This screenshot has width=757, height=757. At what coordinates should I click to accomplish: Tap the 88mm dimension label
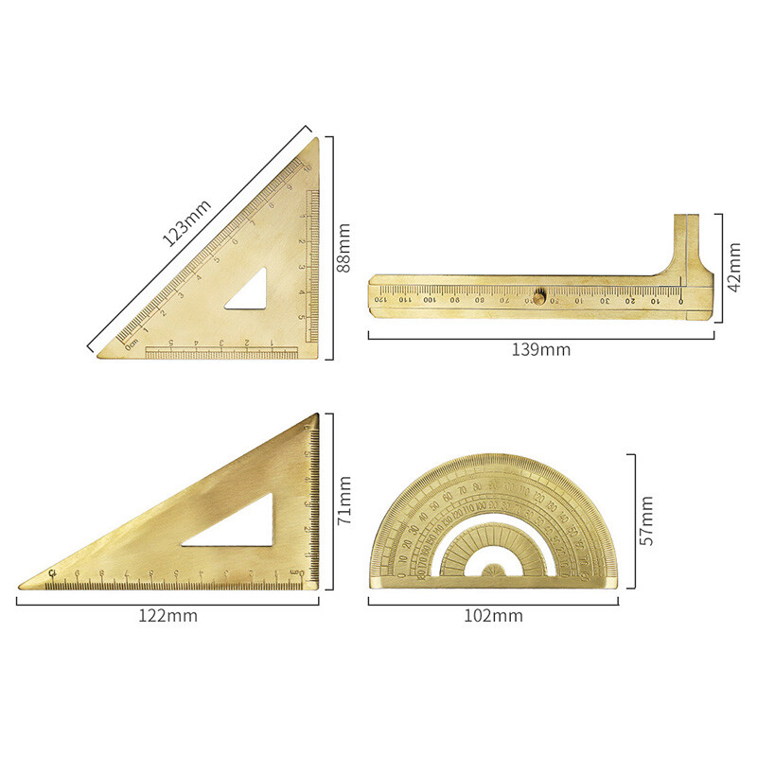pyautogui.click(x=343, y=248)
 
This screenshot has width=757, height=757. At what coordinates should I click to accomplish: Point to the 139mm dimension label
pyautogui.click(x=541, y=349)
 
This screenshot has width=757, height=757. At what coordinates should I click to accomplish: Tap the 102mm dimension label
pyautogui.click(x=493, y=616)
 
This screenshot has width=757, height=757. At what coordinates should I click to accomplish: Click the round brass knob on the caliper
pyautogui.click(x=538, y=296)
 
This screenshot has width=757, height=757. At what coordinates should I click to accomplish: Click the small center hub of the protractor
pyautogui.click(x=493, y=571)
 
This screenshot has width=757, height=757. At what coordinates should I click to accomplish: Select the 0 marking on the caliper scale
pyautogui.click(x=680, y=300)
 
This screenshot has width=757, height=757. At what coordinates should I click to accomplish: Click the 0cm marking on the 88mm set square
pyautogui.click(x=131, y=342)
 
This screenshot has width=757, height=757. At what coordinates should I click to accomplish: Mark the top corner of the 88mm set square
pyautogui.click(x=318, y=140)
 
